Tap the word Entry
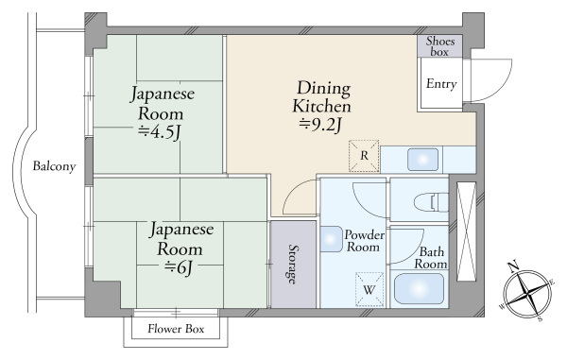[441, 85]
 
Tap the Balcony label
[53, 166]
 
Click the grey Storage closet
[293, 264]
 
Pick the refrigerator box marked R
[364, 157]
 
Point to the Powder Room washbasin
[332, 242]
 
